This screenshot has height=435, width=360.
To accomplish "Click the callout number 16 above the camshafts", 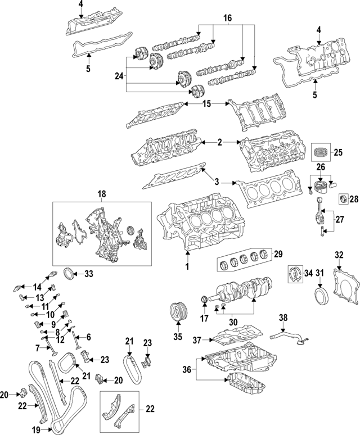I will (x=227, y=19).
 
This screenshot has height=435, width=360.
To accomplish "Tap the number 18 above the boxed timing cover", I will (x=101, y=194).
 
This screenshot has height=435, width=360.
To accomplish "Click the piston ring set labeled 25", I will (x=323, y=152).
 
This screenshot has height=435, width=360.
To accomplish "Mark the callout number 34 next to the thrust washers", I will (x=307, y=274).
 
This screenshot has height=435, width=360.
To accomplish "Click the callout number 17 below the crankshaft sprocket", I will (x=204, y=319).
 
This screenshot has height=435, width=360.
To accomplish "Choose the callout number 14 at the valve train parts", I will (x=37, y=271).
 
